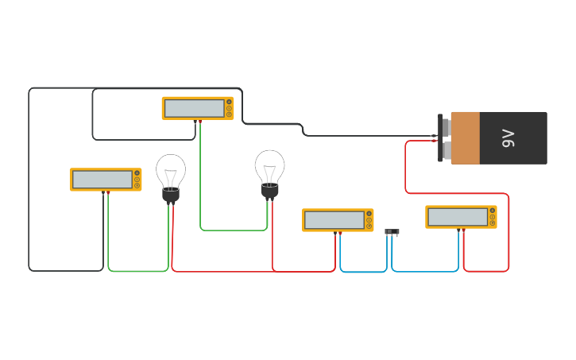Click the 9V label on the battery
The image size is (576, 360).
(508, 138)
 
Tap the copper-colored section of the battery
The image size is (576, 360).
(466, 138)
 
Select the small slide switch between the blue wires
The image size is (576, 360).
(392, 231)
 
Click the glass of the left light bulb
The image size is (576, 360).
(171, 170)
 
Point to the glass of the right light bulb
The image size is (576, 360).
(270, 166)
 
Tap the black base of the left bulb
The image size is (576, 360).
(171, 194)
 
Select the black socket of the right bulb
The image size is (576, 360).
(270, 191)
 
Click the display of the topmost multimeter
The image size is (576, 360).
(194, 108)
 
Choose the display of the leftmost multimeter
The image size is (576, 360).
(102, 180)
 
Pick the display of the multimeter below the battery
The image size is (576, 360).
(457, 217)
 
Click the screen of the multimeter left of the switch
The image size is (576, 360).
(334, 220)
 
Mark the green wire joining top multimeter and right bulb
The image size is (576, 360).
(234, 230)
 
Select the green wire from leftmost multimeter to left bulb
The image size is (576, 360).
(138, 271)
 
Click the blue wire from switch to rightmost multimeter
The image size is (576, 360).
(425, 271)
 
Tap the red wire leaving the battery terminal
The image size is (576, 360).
(406, 167)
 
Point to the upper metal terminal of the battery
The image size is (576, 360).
(446, 127)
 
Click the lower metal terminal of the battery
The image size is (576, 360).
(446, 150)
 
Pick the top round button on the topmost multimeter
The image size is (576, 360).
(229, 102)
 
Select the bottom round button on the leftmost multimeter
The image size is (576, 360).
(137, 186)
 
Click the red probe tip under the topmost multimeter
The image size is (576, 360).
(200, 122)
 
